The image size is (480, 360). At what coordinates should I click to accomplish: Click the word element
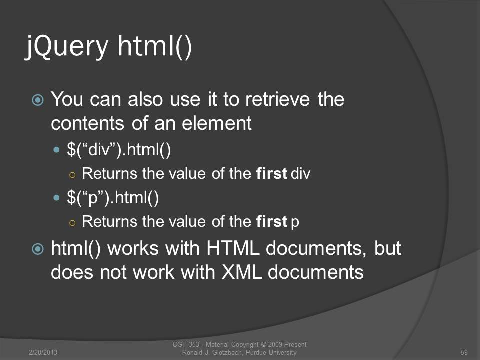coord(216,123)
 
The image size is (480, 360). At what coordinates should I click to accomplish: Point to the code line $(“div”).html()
coord(119,150)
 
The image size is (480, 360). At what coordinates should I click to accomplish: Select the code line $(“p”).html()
coord(113,198)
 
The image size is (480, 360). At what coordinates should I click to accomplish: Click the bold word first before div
coord(272,173)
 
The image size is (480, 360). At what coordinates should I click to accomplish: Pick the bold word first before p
coord(272,221)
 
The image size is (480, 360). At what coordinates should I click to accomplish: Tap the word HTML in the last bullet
coord(233,248)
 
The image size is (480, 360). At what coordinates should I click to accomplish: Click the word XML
coord(242,271)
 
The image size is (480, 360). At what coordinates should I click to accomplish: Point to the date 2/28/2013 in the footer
coord(43,352)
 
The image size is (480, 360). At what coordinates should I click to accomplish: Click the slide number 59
coord(464,352)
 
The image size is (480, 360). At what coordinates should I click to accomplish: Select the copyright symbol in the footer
coord(263,344)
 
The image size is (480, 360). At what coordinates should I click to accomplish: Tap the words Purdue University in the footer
coord(271,352)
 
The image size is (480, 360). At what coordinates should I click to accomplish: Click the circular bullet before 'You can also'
coord(38,100)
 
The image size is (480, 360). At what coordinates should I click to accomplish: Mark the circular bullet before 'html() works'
coord(38,249)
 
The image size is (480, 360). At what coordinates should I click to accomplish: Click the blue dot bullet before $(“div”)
coord(56,150)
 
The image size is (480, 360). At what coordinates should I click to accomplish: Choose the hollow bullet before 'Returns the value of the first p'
coord(72,223)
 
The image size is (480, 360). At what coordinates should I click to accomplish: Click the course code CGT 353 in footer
coord(186,344)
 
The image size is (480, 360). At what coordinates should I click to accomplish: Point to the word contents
coord(88,123)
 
